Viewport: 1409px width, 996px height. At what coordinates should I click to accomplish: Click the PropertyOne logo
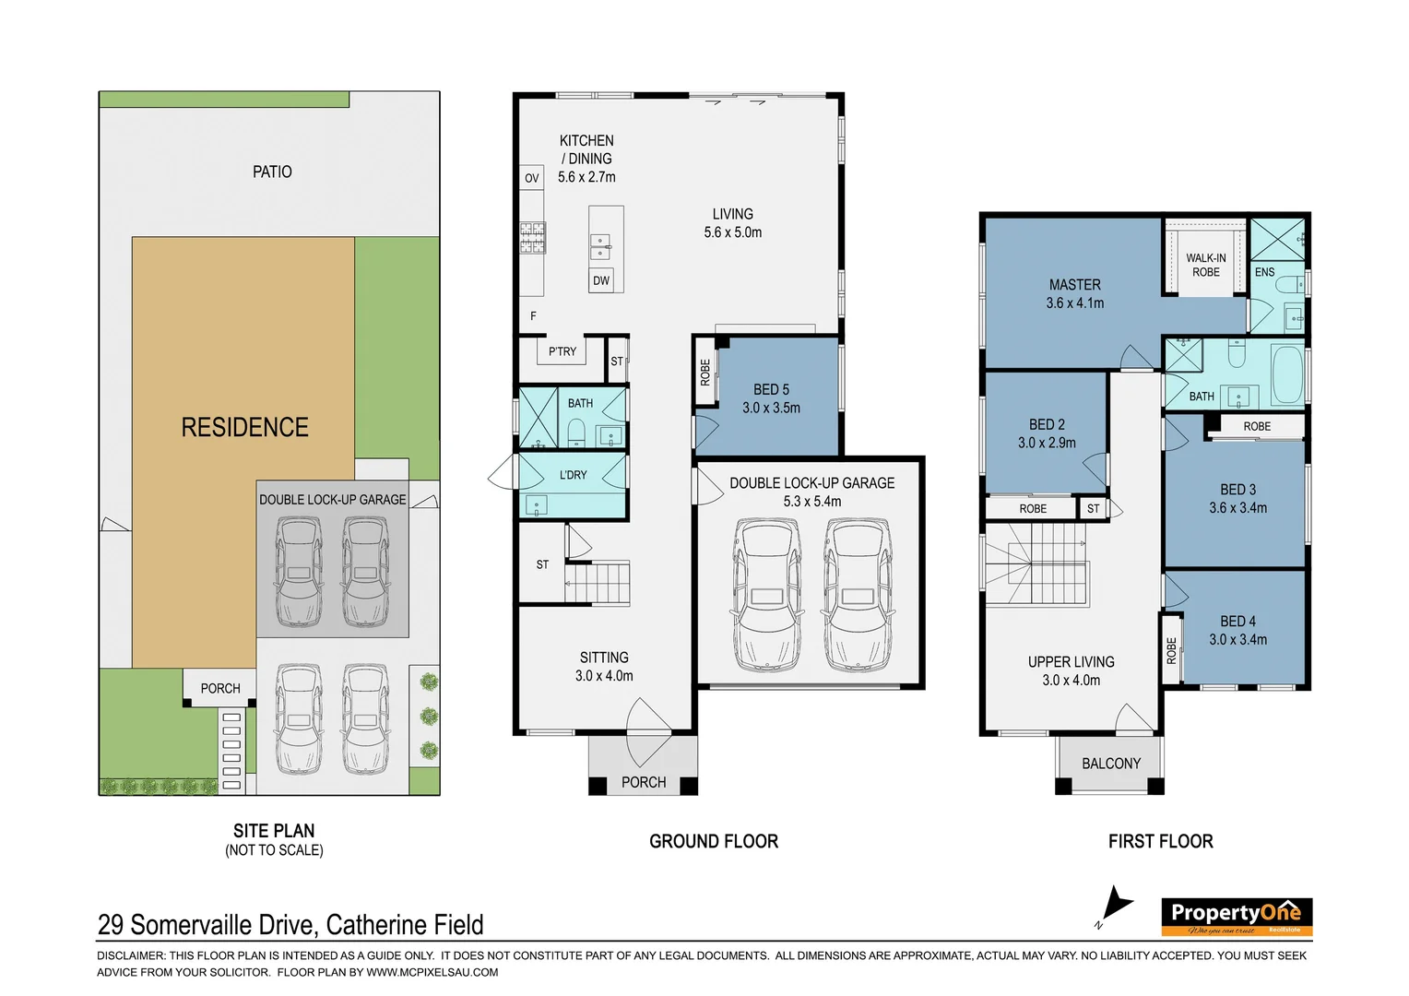[x=1236, y=917]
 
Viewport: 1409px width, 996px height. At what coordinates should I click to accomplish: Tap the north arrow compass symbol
[x=1116, y=906]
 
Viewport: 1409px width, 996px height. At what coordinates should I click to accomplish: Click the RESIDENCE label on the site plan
[x=244, y=428]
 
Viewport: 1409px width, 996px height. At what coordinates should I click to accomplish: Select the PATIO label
[x=272, y=172]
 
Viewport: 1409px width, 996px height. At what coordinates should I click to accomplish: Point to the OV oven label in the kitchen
[x=532, y=178]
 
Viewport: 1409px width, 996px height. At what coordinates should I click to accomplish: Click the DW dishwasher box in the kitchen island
[x=601, y=281]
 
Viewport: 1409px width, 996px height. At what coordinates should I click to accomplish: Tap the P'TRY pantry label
[x=562, y=351]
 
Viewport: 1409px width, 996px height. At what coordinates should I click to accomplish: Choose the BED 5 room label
[x=771, y=390]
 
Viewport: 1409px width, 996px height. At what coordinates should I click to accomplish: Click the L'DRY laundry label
[x=573, y=475]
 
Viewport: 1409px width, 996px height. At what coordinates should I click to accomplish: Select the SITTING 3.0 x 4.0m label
[x=604, y=667]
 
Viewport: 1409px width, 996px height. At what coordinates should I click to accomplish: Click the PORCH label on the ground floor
[x=644, y=782]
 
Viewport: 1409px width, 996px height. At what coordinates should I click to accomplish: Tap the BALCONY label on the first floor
[x=1111, y=764]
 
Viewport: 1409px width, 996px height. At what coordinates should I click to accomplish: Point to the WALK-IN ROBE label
[x=1206, y=266]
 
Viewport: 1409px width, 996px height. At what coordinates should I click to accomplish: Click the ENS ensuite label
[x=1264, y=272]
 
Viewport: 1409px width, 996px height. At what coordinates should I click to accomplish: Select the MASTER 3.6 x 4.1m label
[x=1075, y=294]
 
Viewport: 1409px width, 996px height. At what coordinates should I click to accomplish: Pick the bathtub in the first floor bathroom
[x=1287, y=374]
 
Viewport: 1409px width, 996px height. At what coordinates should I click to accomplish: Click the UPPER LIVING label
[x=1072, y=662]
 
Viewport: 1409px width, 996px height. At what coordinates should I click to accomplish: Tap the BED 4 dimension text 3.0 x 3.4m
[x=1237, y=640]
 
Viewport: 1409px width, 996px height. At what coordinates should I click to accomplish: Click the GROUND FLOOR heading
[x=714, y=841]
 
